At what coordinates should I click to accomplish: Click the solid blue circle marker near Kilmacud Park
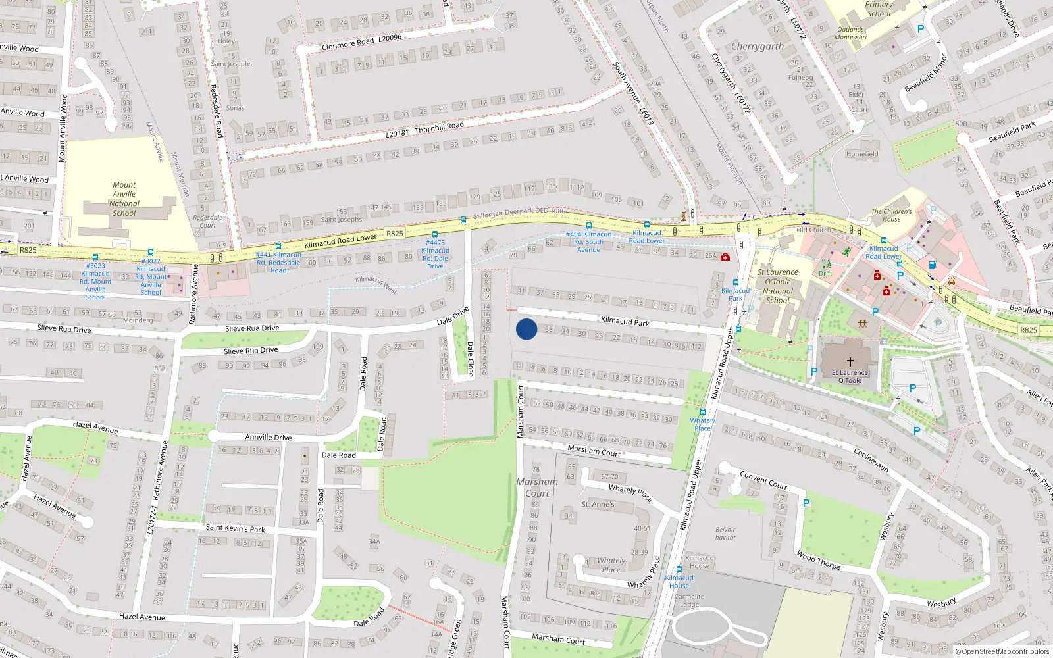tap(526, 329)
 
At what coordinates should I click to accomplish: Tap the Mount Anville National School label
tap(124, 199)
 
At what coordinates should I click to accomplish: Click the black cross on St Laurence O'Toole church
tap(850, 361)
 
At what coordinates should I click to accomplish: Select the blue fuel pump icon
tap(932, 265)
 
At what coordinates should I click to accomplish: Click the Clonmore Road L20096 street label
tap(361, 43)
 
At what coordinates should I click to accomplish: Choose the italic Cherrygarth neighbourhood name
tap(757, 47)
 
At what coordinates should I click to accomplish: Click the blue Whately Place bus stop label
tap(702, 424)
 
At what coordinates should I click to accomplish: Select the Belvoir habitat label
tap(725, 533)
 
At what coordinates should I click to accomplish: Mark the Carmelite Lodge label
tap(689, 600)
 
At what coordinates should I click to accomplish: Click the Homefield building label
tap(861, 154)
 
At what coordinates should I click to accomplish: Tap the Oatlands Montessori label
tap(850, 33)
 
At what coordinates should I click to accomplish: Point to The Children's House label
tap(891, 215)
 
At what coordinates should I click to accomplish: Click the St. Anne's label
tap(598, 504)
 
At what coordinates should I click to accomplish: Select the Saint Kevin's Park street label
tap(235, 528)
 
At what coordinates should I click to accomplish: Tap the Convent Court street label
tap(763, 480)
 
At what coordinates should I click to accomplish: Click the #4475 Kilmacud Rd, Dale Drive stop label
tap(435, 254)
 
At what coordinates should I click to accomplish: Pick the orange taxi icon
tap(951, 281)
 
